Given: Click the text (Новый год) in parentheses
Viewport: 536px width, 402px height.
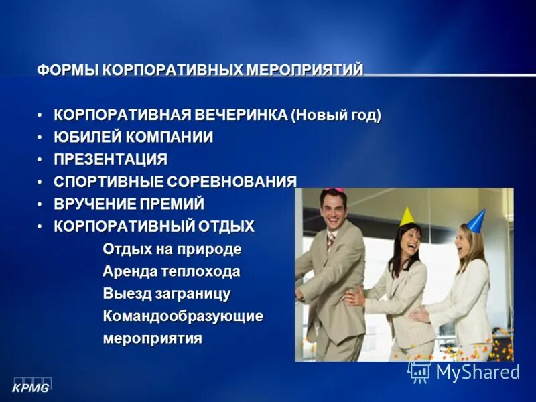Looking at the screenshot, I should [336, 115].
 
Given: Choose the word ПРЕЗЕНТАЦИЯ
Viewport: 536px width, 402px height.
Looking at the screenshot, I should [111, 160].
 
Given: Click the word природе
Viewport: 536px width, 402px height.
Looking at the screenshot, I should [208, 249].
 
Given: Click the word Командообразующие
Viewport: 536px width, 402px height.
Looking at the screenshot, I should [183, 316].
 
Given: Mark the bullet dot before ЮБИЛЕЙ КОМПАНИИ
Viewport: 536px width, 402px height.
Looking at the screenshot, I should [40, 138].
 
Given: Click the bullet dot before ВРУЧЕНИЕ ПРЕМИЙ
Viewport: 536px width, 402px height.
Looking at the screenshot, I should [40, 204].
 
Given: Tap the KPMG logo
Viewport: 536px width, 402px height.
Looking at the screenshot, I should [31, 386].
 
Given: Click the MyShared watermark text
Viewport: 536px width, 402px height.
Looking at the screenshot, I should [477, 372].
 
